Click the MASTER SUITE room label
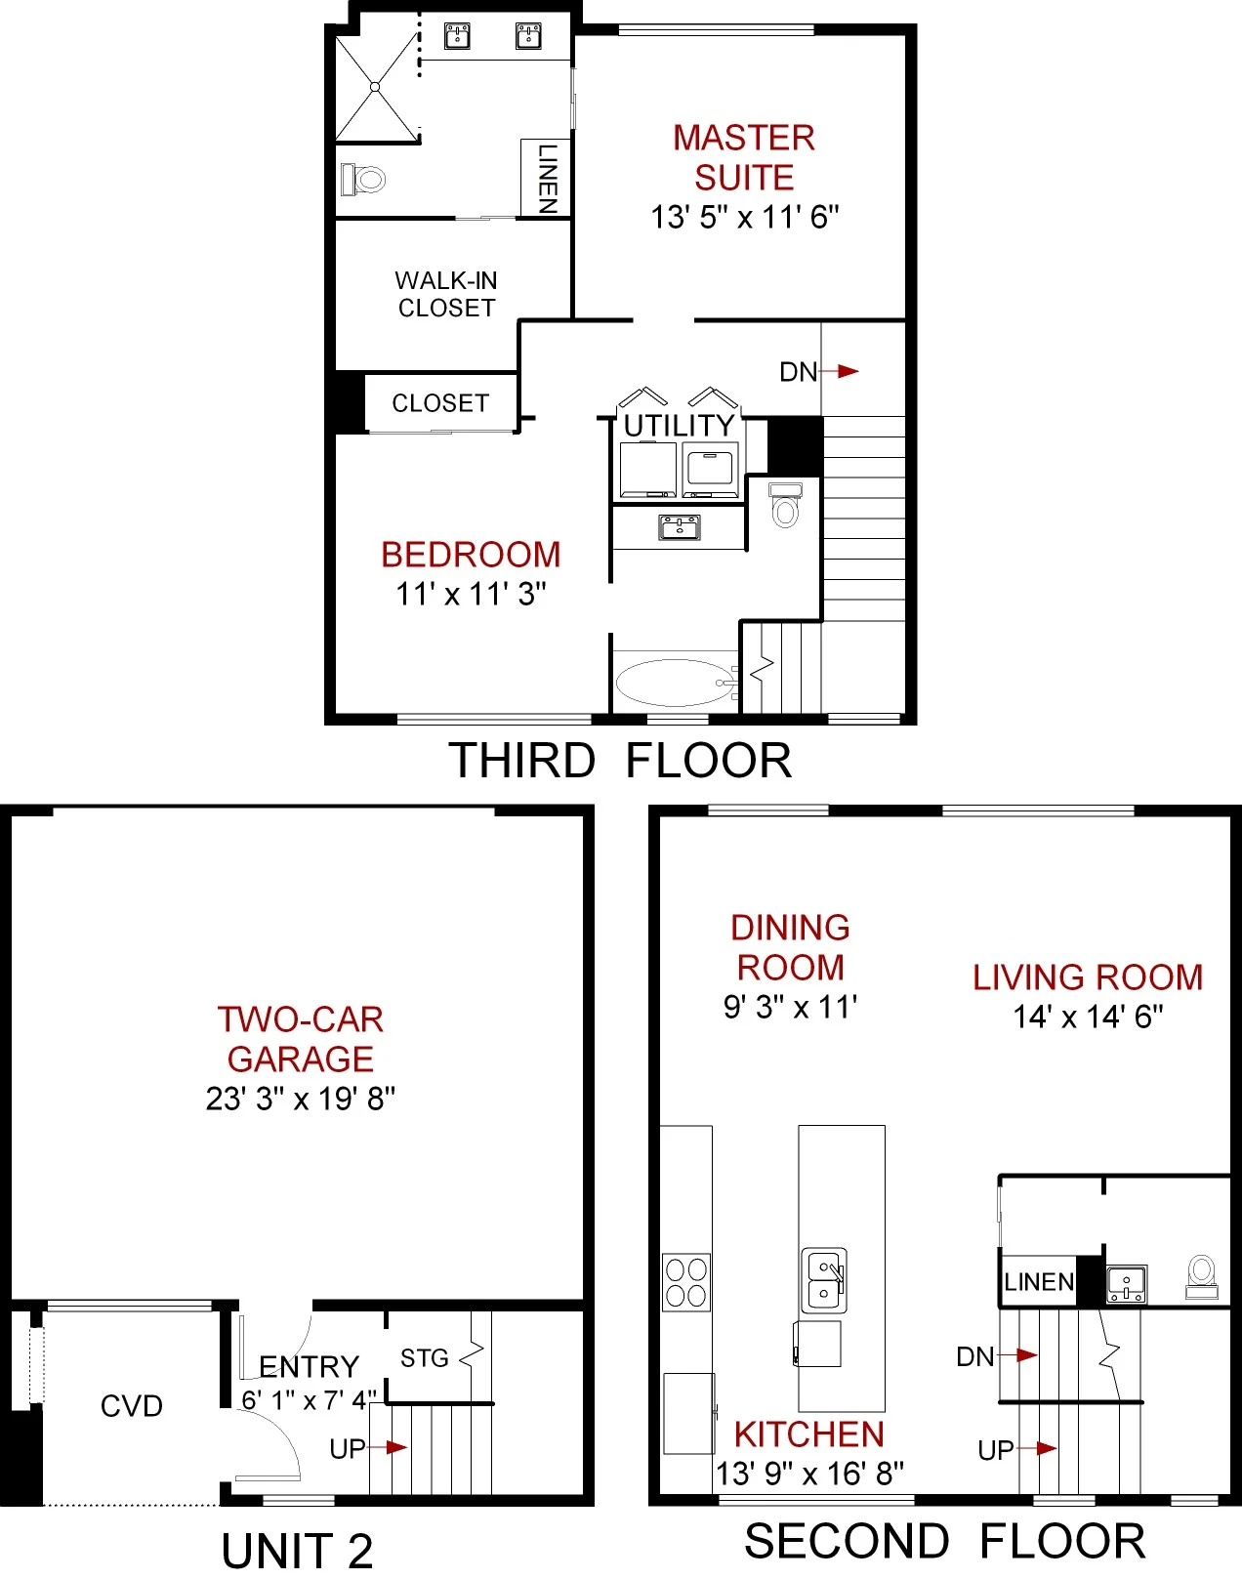(x=744, y=157)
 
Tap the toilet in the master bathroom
(x=364, y=179)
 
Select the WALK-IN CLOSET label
(x=446, y=294)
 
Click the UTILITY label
(x=679, y=426)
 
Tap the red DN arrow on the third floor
(x=847, y=371)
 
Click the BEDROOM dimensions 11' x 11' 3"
(x=471, y=594)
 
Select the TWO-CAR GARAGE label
(x=301, y=1039)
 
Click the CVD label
(x=131, y=1406)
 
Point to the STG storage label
(x=425, y=1358)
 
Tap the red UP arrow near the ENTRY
(x=394, y=1447)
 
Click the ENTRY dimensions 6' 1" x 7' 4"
(x=309, y=1400)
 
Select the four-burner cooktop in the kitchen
(x=685, y=1282)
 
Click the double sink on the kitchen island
(x=823, y=1280)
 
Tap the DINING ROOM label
(x=790, y=947)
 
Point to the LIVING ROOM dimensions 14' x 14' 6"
(x=1088, y=1017)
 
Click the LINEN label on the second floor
(x=1039, y=1282)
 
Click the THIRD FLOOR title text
(x=620, y=761)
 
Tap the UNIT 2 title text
(x=297, y=1551)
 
